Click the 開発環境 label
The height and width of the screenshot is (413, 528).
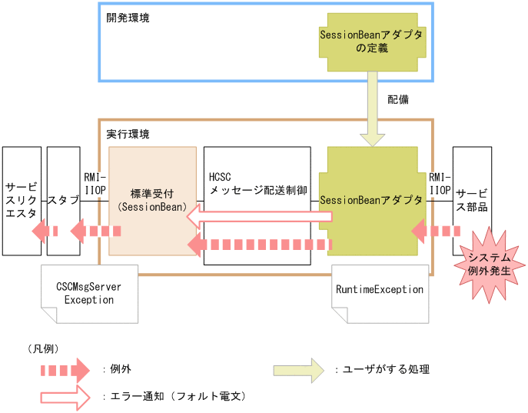[128, 18]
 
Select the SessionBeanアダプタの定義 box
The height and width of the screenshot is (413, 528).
[371, 42]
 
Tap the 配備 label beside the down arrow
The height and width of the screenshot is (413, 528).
[397, 100]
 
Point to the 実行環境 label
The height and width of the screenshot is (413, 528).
[128, 134]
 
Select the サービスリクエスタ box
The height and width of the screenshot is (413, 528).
[21, 201]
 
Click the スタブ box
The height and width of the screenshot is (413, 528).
[64, 201]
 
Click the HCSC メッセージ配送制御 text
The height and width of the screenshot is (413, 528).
[257, 182]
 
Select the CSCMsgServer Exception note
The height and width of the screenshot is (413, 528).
[88, 293]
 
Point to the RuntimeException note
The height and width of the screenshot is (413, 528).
[380, 291]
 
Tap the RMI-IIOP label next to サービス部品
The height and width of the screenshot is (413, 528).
[440, 183]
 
